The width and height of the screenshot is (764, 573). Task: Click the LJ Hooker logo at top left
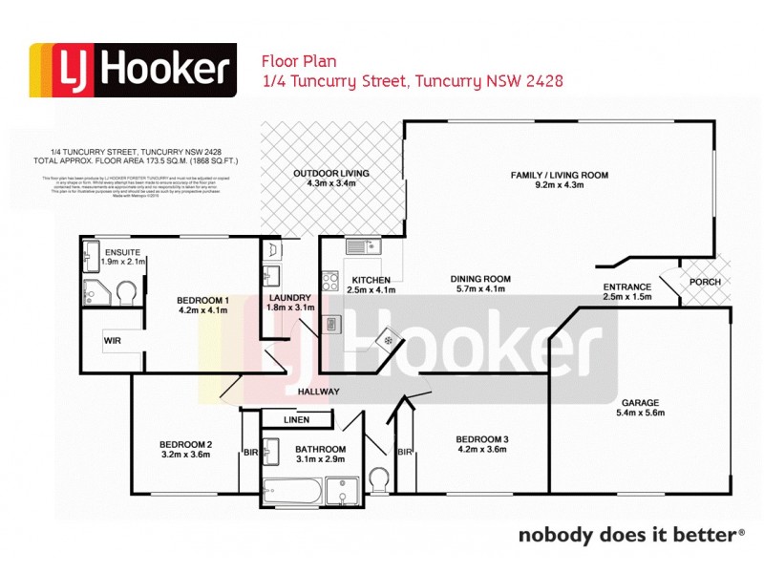pyautogui.click(x=133, y=71)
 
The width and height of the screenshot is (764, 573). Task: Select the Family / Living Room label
pyautogui.click(x=560, y=176)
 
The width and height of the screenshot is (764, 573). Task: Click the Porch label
pyautogui.click(x=705, y=282)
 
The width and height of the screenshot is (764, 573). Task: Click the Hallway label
pyautogui.click(x=318, y=392)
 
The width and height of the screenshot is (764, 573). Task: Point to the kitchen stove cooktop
pyautogui.click(x=330, y=281)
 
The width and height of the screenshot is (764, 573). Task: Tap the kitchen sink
pyautogui.click(x=364, y=246)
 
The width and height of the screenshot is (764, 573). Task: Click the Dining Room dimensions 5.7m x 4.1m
pyautogui.click(x=482, y=289)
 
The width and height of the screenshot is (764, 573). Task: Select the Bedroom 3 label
pyautogui.click(x=483, y=439)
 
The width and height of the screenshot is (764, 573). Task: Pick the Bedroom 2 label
pyautogui.click(x=185, y=444)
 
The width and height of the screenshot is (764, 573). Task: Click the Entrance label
pyautogui.click(x=627, y=286)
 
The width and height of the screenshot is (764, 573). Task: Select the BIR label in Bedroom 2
pyautogui.click(x=251, y=452)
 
